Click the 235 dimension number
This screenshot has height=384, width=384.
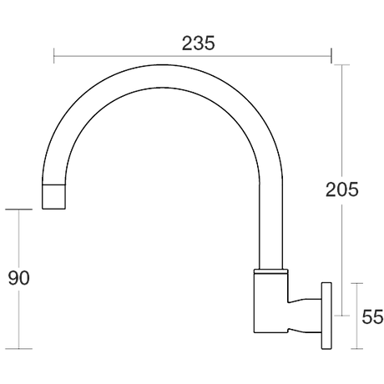click(x=198, y=43)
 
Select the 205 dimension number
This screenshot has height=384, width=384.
click(x=342, y=189)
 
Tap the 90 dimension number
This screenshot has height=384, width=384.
click(x=18, y=278)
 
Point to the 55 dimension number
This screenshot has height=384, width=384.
click(x=372, y=316)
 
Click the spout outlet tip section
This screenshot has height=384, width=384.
click(x=54, y=196)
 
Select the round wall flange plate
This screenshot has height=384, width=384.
click(x=326, y=316)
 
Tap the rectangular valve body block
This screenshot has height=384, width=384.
click(x=270, y=302)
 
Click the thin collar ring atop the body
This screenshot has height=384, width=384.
click(x=270, y=270)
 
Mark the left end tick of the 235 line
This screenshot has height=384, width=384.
click(x=54, y=56)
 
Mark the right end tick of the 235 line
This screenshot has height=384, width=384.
click(x=331, y=56)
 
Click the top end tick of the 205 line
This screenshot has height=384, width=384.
click(x=341, y=65)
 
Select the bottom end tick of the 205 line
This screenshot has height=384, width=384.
click(x=341, y=316)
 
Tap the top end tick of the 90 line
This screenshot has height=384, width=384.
click(x=18, y=210)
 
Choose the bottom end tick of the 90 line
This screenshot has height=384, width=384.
click(x=18, y=348)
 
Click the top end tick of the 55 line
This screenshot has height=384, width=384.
click(x=357, y=283)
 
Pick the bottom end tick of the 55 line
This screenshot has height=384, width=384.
click(x=357, y=348)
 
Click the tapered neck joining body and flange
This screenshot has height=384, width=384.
click(x=305, y=316)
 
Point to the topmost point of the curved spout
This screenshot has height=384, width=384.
click(x=163, y=65)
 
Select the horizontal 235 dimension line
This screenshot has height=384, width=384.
click(x=193, y=56)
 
